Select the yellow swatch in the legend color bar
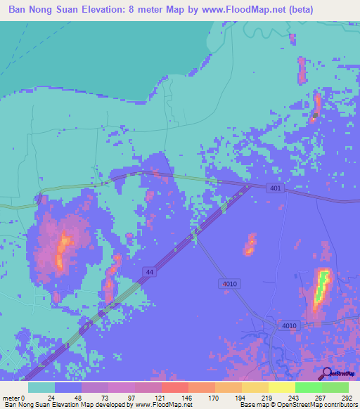pos(282,387)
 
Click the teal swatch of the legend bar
pos(41,387)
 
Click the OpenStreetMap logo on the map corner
pos(337,373)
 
